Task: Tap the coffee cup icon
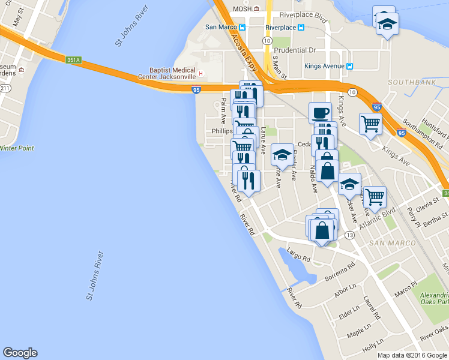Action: [x=320, y=112]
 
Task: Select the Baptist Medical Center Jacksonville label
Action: [x=176, y=73]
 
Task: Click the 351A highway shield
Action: [x=74, y=59]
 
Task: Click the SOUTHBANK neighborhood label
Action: [x=408, y=82]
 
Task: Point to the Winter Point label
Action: [x=17, y=148]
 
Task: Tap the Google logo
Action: [x=20, y=353]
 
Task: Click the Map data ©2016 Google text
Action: [x=412, y=355]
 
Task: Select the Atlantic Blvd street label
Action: [x=378, y=220]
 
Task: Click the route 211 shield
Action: [x=5, y=88]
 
